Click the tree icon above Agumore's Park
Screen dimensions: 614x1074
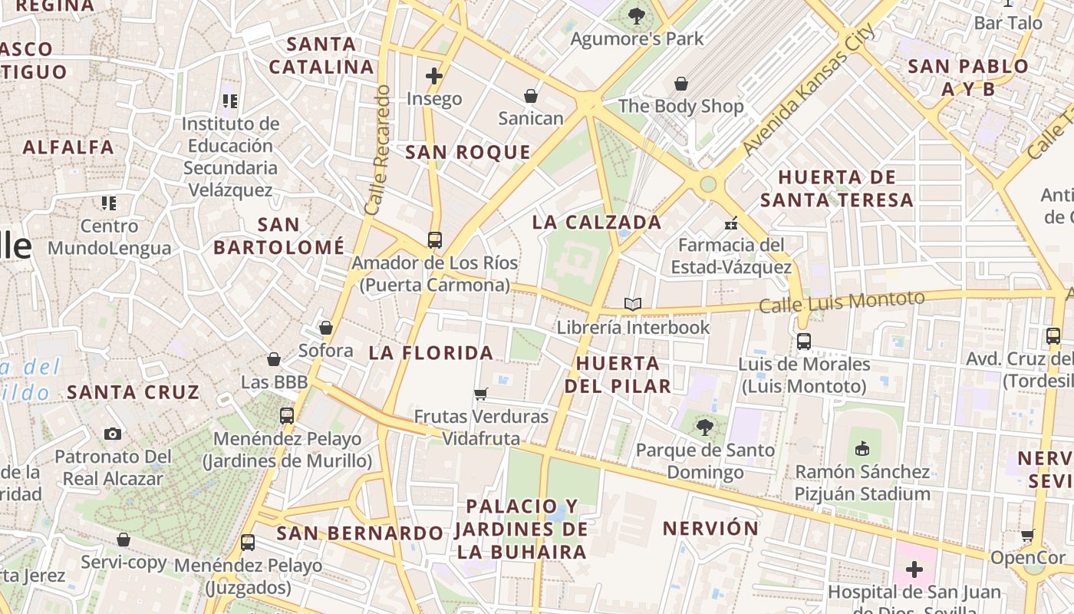coord(636,15)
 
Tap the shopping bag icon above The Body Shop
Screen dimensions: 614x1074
coord(681,84)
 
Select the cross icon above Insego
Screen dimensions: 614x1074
coord(434,75)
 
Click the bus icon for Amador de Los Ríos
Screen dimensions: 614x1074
coord(434,239)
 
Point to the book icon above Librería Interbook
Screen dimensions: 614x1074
coord(633,305)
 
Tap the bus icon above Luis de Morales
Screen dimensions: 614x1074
coord(804,342)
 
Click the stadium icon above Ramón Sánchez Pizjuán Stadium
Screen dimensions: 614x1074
coord(862,448)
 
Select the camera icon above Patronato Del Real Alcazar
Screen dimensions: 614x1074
coord(113,434)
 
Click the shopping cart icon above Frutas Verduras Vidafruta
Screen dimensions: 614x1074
coord(481,394)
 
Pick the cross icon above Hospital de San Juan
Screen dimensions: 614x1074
coord(914,569)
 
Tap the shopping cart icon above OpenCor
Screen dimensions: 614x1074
coord(1028,535)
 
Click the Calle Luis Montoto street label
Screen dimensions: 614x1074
coord(842,301)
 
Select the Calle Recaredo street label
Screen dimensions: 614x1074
coord(378,150)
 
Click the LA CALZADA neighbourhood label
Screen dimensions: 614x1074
coord(597,223)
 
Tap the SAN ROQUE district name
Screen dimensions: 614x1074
coord(468,152)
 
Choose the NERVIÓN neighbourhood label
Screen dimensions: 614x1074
coord(710,528)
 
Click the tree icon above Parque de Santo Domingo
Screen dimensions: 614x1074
coord(705,427)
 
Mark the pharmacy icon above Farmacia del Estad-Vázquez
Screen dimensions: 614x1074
coord(731,223)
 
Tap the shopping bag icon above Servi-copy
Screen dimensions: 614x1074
coord(124,540)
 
